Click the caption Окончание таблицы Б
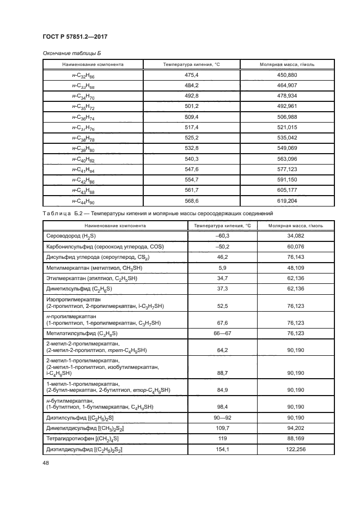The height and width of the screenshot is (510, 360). click(72, 53)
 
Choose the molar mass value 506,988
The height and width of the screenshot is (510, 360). click(288, 117)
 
